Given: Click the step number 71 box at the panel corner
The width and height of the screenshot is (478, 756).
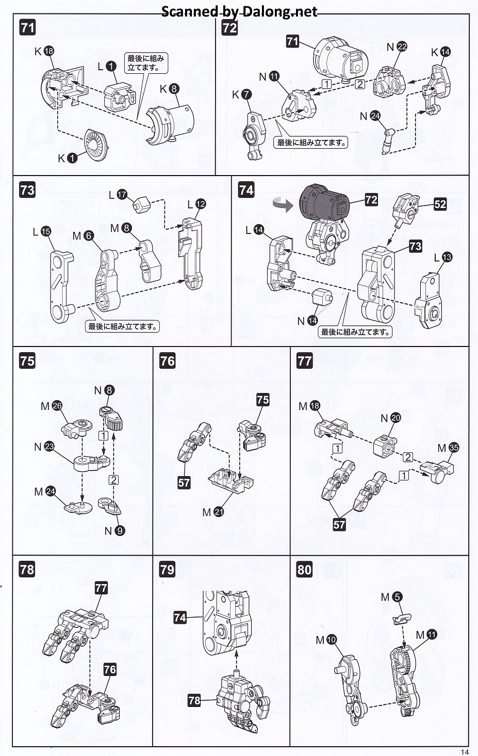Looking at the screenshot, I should pos(27,27).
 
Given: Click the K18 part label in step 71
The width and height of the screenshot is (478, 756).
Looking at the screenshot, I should pos(45,51).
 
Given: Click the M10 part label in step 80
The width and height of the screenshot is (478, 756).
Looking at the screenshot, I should pos(326,640).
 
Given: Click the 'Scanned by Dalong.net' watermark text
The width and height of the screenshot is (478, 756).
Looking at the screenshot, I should pos(239,11).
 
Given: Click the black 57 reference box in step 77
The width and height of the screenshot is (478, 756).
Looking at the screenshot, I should pos(339,524).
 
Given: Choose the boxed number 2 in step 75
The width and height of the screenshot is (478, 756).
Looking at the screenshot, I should pos(113,480).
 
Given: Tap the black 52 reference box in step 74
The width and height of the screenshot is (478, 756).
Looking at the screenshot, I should pos(440,204).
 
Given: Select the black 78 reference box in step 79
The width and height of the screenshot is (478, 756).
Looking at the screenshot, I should pos(194,700).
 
